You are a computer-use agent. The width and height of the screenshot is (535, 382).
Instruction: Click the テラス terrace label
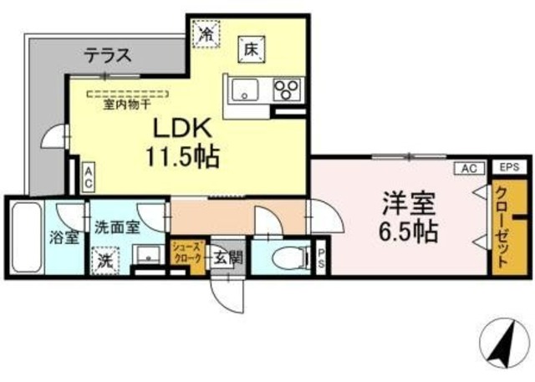coord(107,56)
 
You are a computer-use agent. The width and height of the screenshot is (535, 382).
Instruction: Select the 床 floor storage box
coord(250,48)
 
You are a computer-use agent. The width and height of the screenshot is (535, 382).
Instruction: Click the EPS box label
coord(508,168)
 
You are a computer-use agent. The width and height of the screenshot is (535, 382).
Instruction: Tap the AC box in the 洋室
coord(468,168)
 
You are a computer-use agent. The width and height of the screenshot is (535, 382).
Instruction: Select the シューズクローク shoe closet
coord(186,253)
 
